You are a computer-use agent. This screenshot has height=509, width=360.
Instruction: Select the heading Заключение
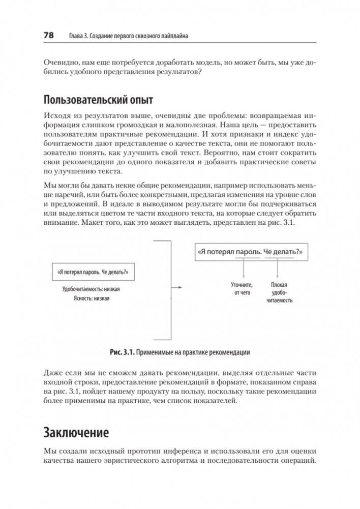(76, 434)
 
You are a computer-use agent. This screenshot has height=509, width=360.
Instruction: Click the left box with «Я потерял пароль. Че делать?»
(93, 273)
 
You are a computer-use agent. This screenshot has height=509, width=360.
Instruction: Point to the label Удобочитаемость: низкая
(91, 289)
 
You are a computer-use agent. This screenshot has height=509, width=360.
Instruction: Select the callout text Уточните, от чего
(242, 289)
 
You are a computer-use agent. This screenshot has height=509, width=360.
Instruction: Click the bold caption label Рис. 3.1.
(122, 352)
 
